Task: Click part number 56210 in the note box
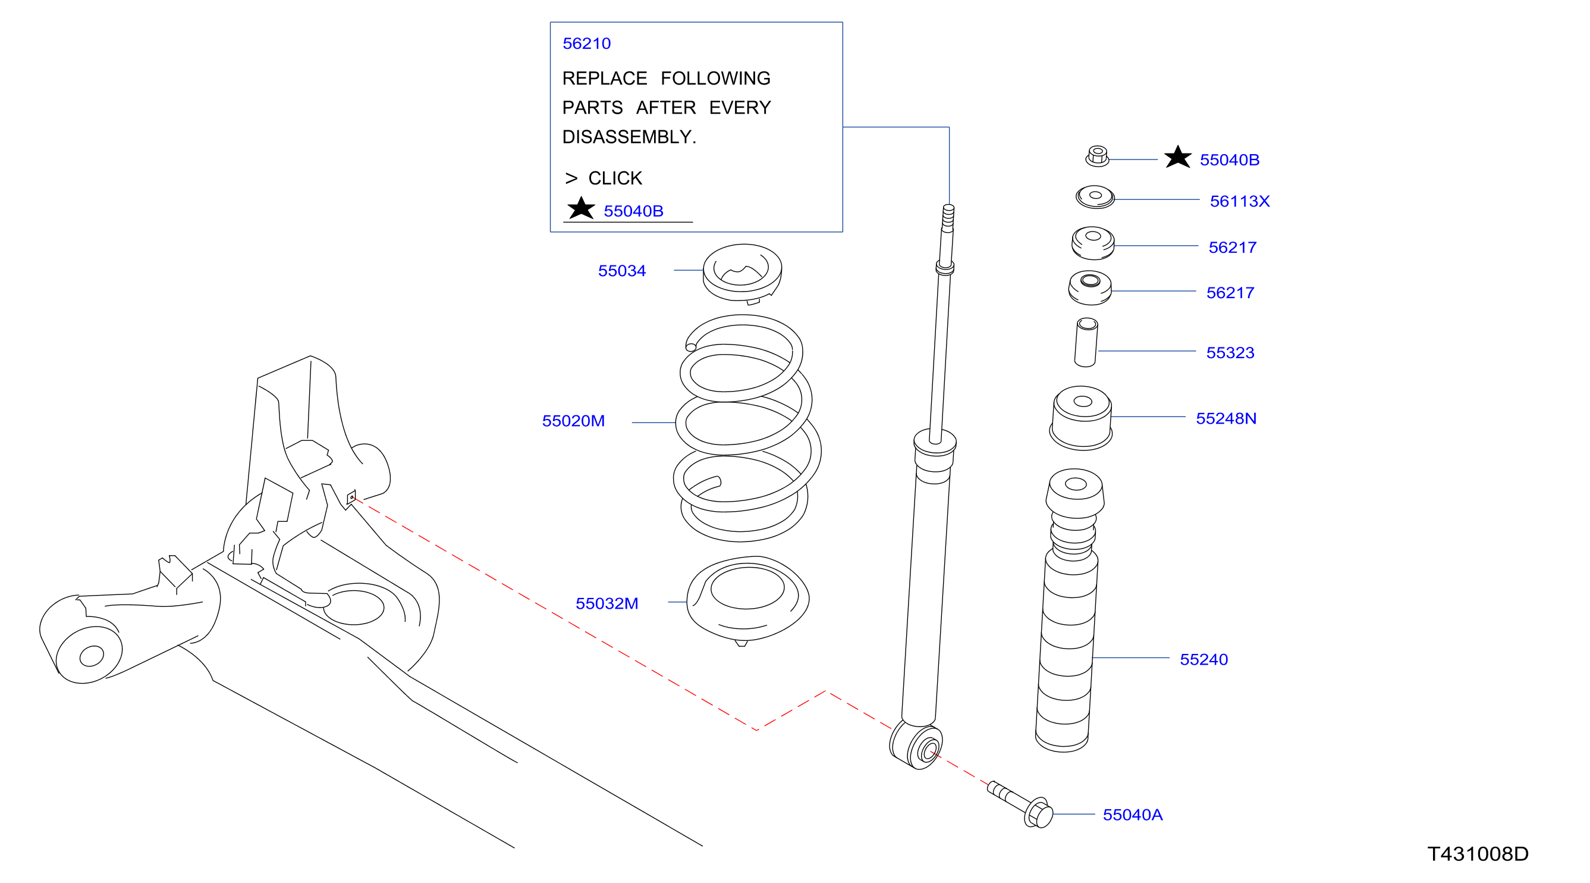[586, 44]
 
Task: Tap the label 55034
[621, 271]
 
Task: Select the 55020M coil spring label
[573, 421]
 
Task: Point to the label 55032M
[607, 603]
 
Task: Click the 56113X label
[1239, 201]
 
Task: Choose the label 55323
[1230, 353]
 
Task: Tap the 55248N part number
[1226, 418]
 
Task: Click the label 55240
[1204, 659]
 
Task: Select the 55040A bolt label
[1132, 815]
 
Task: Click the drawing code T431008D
[1478, 853]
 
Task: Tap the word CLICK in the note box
[615, 178]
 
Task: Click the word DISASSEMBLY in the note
[627, 136]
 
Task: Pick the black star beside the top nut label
[1177, 157]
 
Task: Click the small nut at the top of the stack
[1097, 156]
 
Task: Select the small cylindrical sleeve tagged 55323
[1086, 342]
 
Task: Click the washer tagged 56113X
[1095, 197]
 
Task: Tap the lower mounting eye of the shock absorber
[916, 746]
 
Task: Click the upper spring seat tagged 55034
[743, 274]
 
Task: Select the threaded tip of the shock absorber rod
[948, 217]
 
